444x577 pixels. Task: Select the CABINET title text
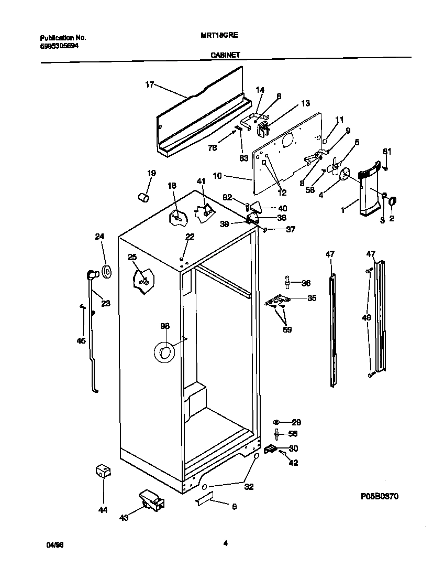coord(225,54)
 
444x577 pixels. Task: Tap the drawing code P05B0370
coord(380,495)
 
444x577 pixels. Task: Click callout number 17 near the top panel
coord(150,84)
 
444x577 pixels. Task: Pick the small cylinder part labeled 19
coord(143,197)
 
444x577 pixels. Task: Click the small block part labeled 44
coord(102,471)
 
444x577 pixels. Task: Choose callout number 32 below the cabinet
coord(249,486)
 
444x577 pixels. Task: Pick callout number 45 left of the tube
coord(81,340)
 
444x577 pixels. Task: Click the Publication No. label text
coord(63,38)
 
